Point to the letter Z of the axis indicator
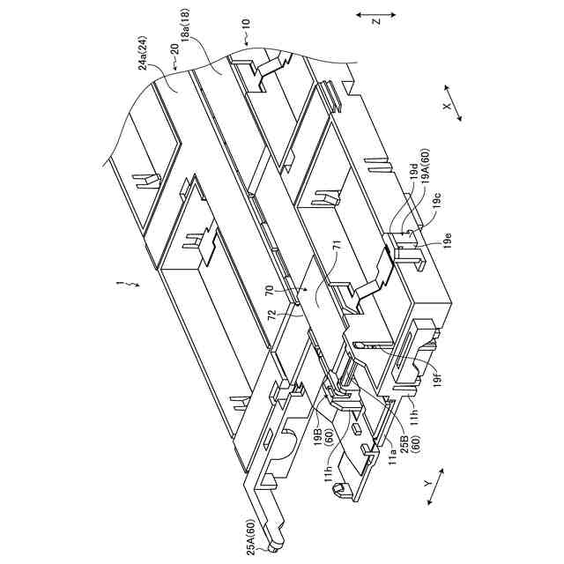point(375,19)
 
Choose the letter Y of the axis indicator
point(427,484)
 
